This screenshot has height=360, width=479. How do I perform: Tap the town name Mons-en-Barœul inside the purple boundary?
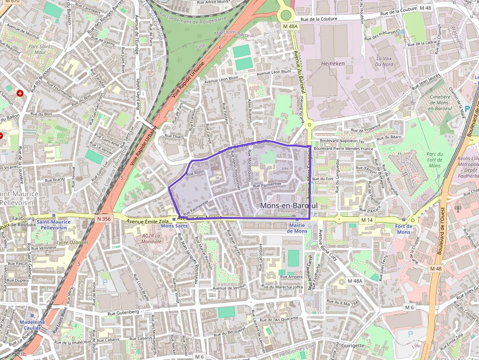pyautogui.click(x=288, y=206)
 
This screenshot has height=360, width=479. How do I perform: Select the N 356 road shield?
pyautogui.click(x=104, y=219)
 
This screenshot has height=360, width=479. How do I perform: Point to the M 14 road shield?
pyautogui.click(x=367, y=221)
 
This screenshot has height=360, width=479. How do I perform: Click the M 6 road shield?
pyautogui.click(x=410, y=307)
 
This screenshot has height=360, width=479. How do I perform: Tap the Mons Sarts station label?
pyautogui.click(x=174, y=226)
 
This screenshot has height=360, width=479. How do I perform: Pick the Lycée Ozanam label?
pyautogui.click(x=72, y=242)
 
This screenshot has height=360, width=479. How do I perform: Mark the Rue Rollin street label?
pyautogui.click(x=196, y=172)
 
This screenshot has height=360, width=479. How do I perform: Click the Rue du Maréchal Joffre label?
pyautogui.click(x=282, y=287)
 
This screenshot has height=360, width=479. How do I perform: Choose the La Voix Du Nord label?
pyautogui.click(x=384, y=61)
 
